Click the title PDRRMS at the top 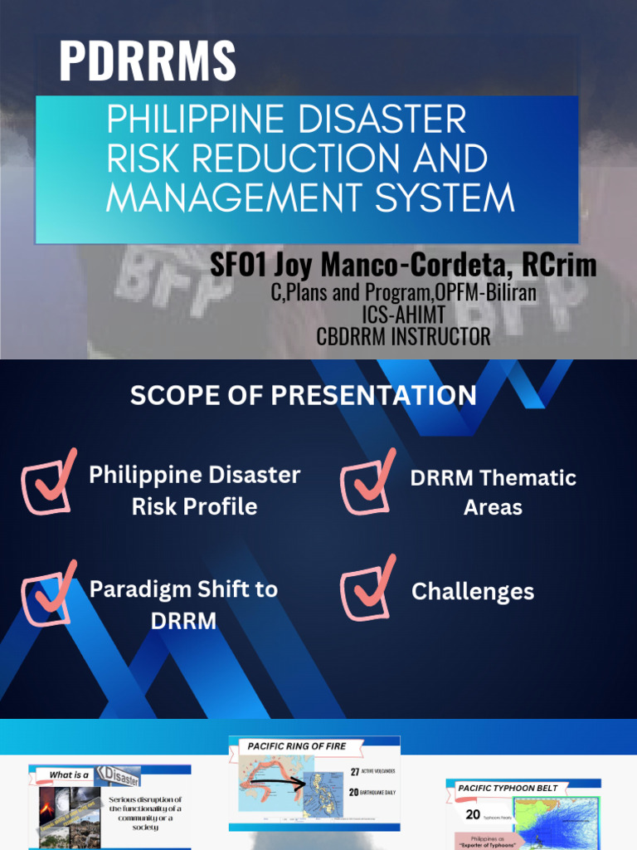tap(147, 61)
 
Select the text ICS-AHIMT tap(403, 315)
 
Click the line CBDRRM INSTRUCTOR tap(403, 336)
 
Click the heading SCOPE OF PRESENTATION tap(303, 395)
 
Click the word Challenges tap(473, 592)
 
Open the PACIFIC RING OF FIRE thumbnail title tap(297, 746)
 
